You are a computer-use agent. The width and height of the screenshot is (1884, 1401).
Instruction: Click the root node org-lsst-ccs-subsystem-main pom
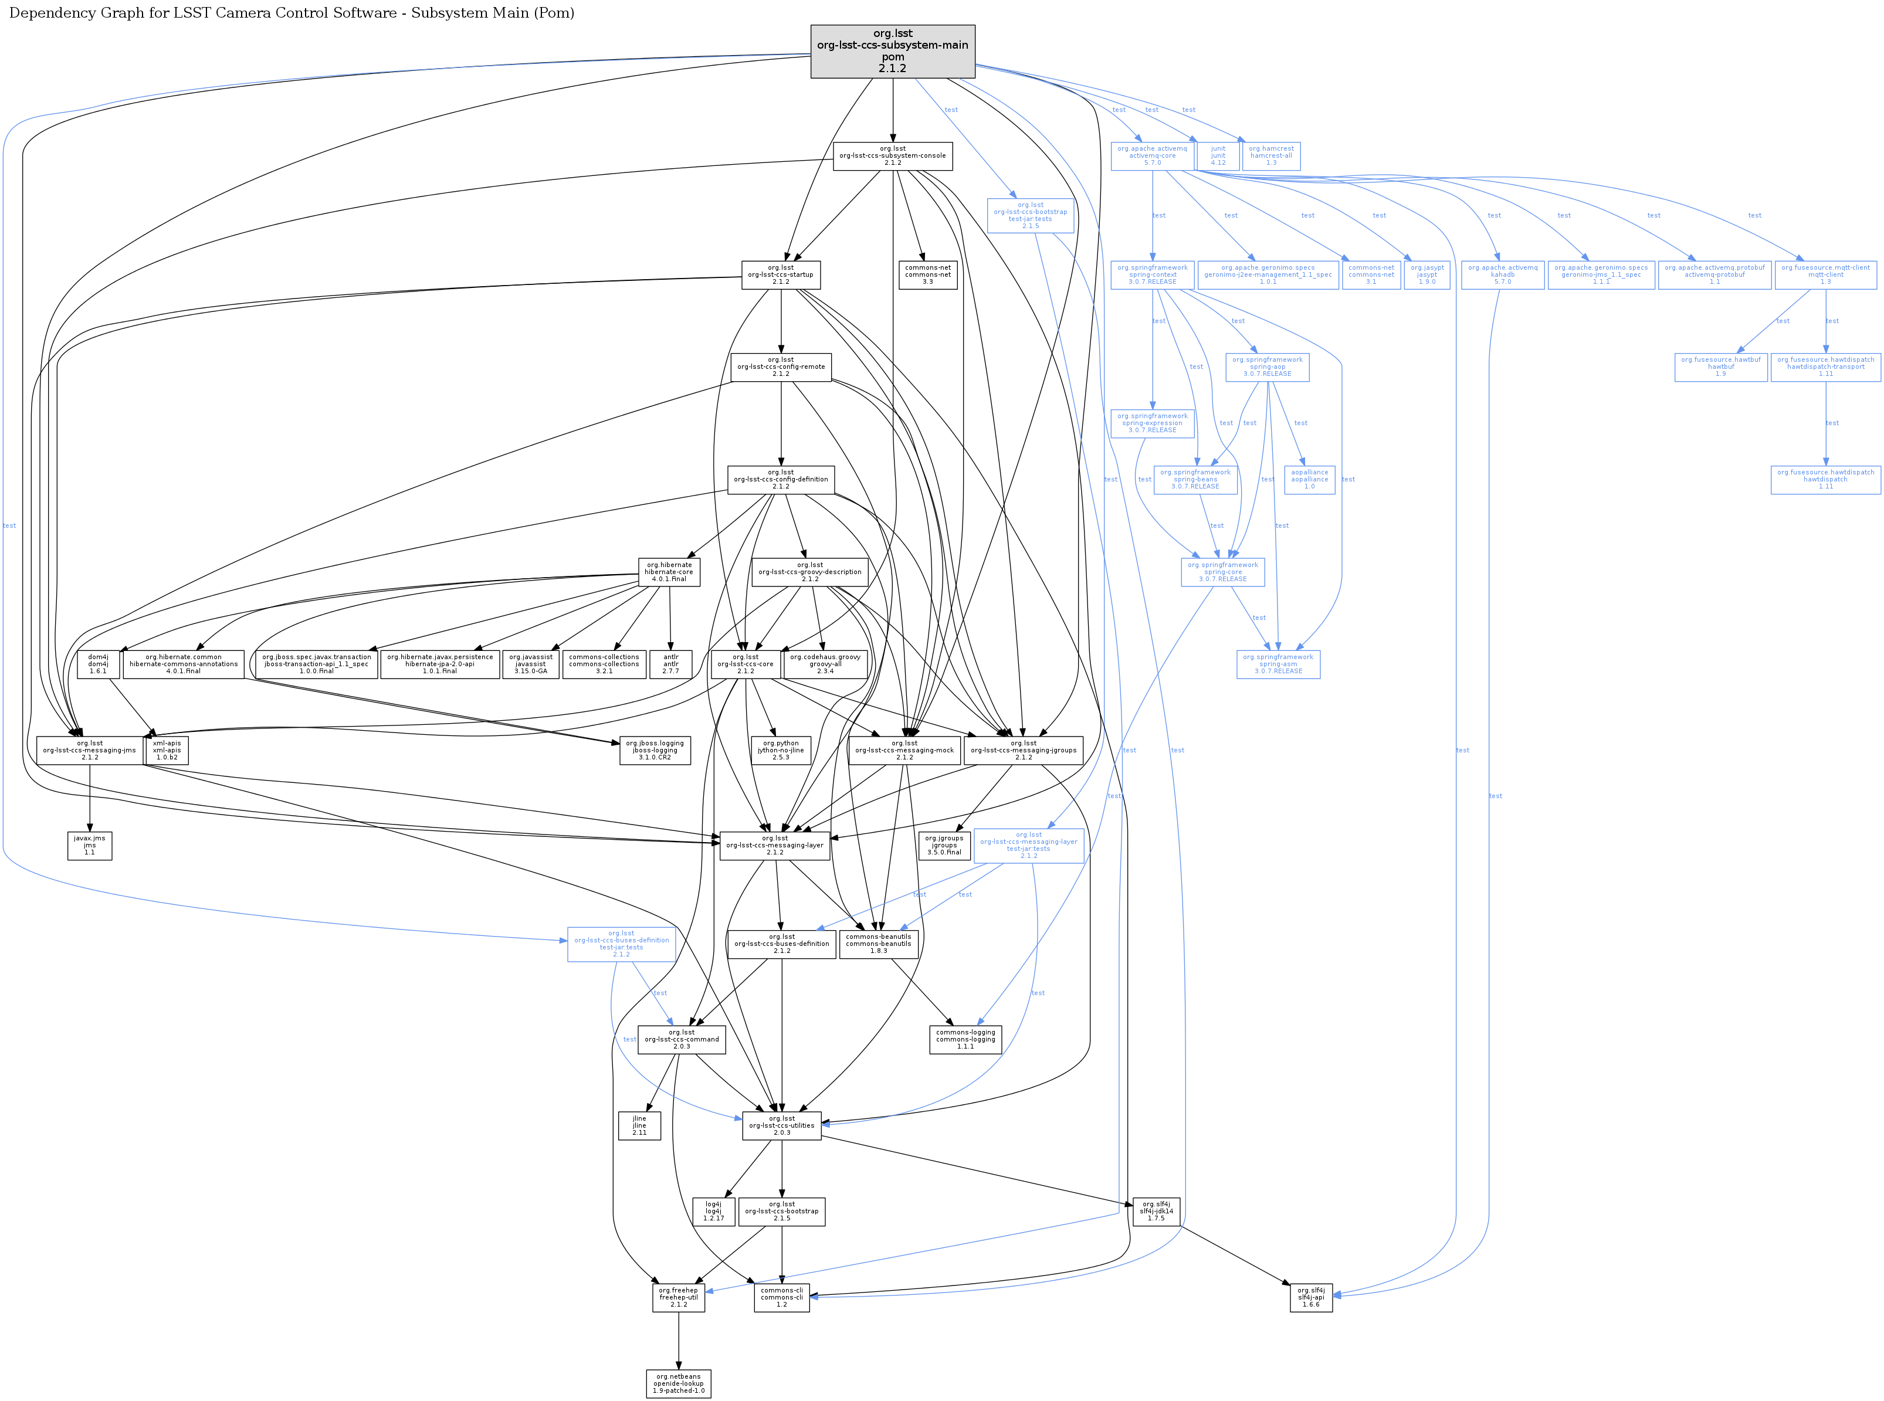coord(892,51)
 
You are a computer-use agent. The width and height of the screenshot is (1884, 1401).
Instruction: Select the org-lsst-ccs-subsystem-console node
coord(892,156)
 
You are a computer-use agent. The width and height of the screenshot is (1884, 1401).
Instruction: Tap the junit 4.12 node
coord(1217,156)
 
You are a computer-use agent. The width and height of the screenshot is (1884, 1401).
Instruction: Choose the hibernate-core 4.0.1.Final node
coord(669,572)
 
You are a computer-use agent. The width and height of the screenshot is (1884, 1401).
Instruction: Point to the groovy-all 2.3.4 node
coord(825,664)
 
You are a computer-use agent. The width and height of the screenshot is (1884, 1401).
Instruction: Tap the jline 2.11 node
coord(639,1125)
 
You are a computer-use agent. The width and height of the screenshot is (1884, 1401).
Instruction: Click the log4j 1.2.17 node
coord(713,1211)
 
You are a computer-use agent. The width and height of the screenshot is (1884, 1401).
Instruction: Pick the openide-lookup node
coord(678,1383)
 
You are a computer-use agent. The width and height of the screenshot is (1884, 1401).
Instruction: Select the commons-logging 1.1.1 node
coord(965,1040)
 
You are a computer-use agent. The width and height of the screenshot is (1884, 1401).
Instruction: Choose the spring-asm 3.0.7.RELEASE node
coord(1278,664)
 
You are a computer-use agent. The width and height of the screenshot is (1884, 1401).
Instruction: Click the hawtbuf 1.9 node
coord(1720,367)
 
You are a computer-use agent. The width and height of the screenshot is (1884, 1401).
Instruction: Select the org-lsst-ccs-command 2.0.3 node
coord(681,1040)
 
